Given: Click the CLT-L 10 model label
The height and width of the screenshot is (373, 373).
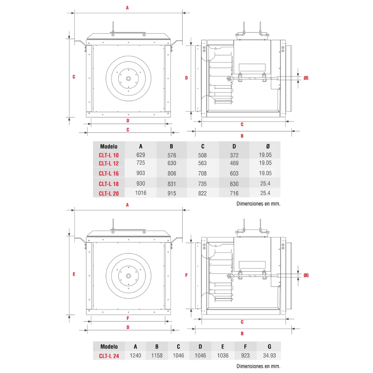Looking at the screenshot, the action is (109, 155).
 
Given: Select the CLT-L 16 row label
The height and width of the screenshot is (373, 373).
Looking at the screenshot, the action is (109, 173).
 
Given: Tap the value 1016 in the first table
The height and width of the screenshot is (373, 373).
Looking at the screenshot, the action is (141, 193).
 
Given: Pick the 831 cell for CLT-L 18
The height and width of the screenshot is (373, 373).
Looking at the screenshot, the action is (172, 184).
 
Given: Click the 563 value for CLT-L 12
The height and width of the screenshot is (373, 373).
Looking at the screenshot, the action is (203, 163).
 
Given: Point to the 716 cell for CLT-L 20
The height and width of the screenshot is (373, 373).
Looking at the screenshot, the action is (234, 193).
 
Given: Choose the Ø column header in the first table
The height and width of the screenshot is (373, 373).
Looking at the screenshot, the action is (268, 146).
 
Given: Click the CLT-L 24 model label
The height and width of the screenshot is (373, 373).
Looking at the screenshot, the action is (109, 356).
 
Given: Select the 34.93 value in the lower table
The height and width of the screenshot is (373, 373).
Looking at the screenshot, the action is (269, 355).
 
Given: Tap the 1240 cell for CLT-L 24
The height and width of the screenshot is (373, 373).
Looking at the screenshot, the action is (135, 355).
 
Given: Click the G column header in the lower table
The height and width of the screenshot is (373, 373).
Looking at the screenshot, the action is (269, 347).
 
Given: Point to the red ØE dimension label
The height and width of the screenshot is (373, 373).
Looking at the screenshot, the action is (306, 78).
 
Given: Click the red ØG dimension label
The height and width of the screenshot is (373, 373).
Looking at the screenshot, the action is (306, 276).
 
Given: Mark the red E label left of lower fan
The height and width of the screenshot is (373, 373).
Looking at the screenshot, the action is (74, 274).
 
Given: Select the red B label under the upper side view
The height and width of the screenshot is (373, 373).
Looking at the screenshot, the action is (242, 136).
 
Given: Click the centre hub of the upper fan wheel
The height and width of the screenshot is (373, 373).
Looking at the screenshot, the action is (128, 78).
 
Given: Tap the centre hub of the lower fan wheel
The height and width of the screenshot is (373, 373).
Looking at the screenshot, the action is (128, 276).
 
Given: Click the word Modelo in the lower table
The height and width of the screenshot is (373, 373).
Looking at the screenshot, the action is (109, 347).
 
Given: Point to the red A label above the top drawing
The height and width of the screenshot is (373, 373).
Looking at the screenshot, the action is (127, 8).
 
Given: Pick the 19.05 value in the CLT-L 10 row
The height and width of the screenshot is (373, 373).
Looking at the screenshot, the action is (265, 155).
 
